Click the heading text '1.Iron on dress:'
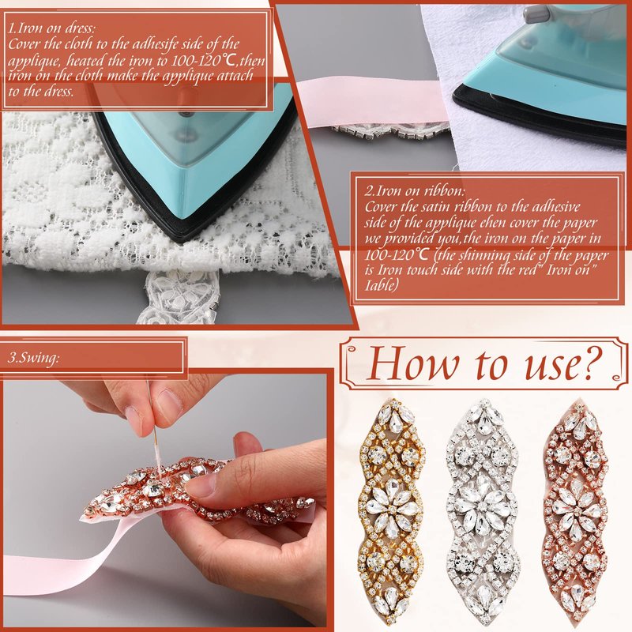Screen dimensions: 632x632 [x=52, y=28]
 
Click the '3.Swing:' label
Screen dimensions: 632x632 [x=34, y=358]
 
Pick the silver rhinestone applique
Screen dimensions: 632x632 [x=483, y=512]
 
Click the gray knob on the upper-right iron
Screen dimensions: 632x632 [x=536, y=14]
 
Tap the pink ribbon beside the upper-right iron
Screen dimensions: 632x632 [x=371, y=103]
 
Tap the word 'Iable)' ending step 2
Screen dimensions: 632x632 [x=382, y=285]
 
